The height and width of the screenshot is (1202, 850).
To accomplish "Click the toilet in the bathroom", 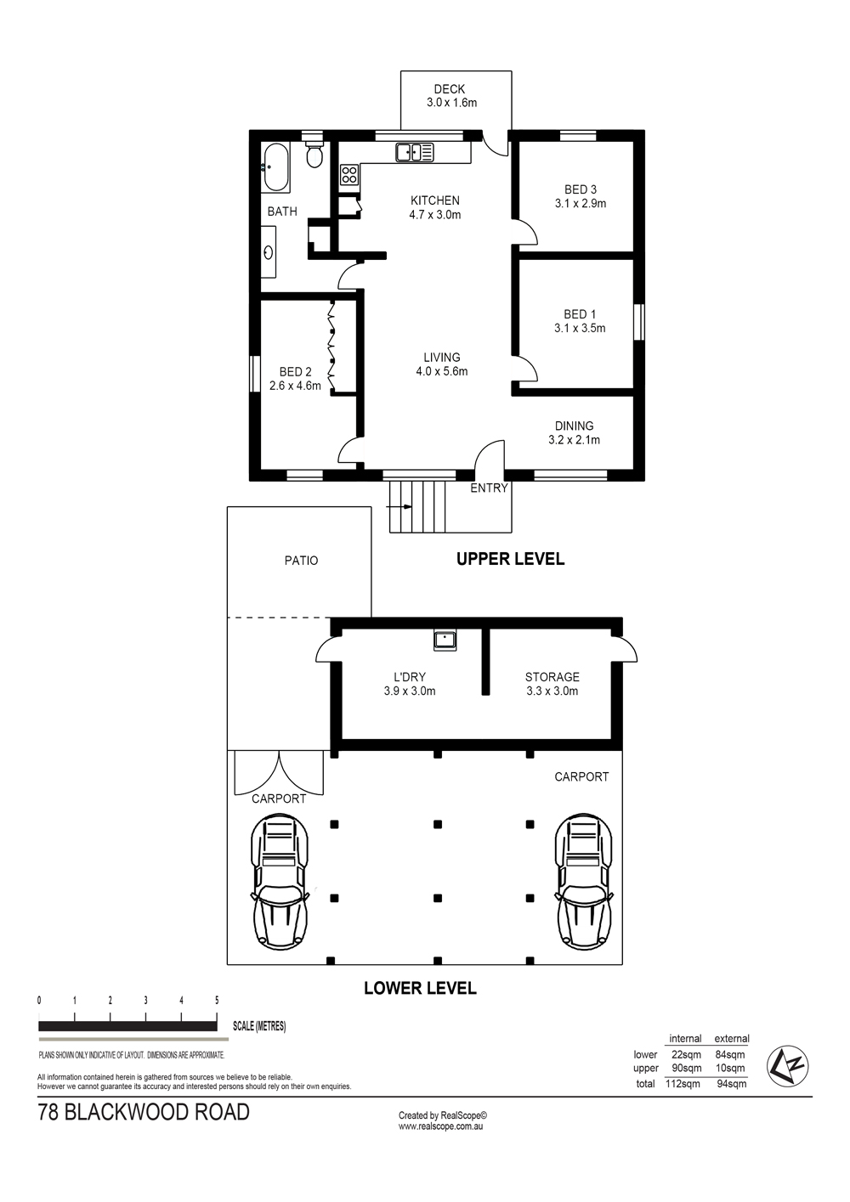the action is tap(314, 154).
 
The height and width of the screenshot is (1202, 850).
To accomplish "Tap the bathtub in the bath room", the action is tap(276, 166).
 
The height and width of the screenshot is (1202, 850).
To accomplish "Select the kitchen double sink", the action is tap(415, 152).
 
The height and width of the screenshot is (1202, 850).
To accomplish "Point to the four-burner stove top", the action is tap(349, 175).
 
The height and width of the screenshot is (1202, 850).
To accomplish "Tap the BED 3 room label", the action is tap(581, 196).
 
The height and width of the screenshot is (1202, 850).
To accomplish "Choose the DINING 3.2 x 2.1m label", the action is tap(574, 432).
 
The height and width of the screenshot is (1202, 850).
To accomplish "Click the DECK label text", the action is tap(450, 89).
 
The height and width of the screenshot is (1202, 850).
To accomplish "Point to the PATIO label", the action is tap(301, 561).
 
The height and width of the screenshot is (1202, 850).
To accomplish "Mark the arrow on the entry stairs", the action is tap(399, 506).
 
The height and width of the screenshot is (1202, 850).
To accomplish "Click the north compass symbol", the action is tap(787, 1066).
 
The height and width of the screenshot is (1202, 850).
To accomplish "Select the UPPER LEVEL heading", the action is tap(510, 559).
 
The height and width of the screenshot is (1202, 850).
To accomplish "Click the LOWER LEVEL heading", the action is tap(420, 988).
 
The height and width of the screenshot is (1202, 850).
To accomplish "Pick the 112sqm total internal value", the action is tap(683, 1083).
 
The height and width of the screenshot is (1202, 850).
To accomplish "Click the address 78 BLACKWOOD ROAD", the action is tap(144, 1112).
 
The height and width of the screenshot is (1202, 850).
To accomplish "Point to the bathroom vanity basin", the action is tap(269, 251).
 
